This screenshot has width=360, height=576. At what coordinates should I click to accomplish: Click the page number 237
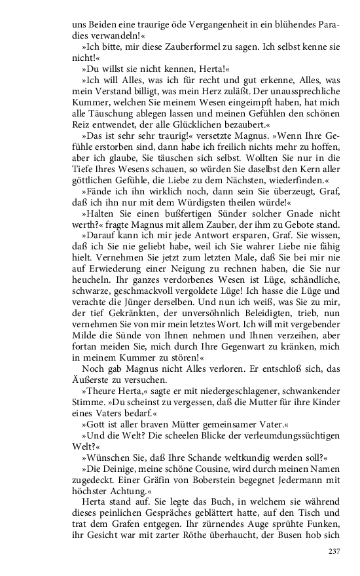(333, 551)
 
